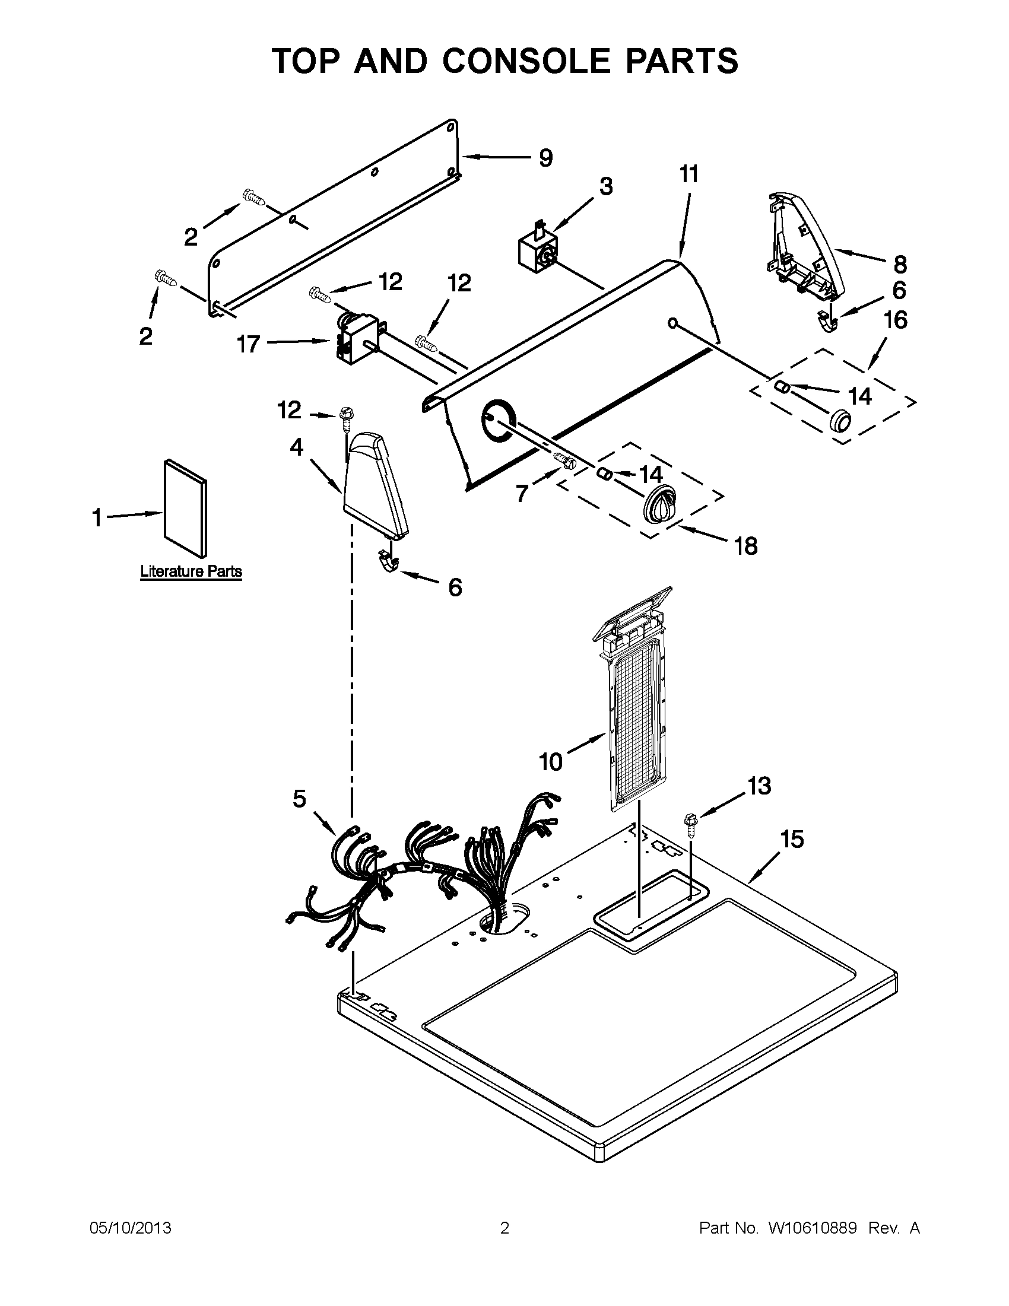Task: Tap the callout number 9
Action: point(545,158)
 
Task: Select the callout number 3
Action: point(606,186)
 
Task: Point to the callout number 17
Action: point(249,344)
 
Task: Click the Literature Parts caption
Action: point(191,571)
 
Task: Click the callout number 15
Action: point(792,840)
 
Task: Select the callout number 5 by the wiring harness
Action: point(299,798)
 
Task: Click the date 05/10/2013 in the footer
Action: point(131,1228)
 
